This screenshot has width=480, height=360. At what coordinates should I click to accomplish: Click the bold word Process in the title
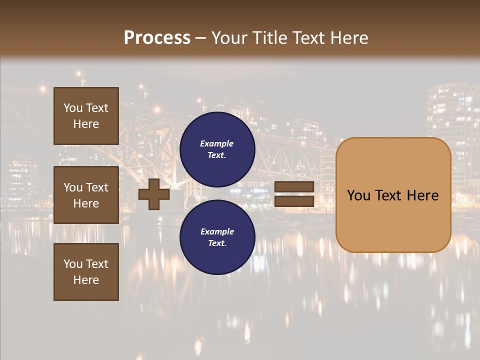coord(157,38)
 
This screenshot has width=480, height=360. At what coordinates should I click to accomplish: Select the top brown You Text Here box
coord(86,116)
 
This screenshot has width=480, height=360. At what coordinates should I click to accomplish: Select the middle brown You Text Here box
coord(86,195)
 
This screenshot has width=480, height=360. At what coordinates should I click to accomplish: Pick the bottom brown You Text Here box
coord(86,272)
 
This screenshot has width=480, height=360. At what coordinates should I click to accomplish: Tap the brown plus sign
coord(154,194)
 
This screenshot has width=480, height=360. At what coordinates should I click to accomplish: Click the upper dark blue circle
coord(217,149)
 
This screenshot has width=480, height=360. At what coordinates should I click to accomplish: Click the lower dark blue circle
coord(217,237)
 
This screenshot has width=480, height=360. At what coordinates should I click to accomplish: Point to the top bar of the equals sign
coord(294,187)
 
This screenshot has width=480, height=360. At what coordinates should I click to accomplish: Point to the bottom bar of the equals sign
coord(294,201)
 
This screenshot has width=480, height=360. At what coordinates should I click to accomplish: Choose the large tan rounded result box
coord(393,195)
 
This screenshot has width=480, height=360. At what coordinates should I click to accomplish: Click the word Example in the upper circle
coord(217,143)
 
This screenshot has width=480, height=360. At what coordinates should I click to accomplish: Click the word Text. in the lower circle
coord(217,243)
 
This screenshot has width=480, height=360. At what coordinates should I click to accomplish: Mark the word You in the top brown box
coord(73,108)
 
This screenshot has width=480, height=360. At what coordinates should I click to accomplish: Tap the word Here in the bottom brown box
coord(86,280)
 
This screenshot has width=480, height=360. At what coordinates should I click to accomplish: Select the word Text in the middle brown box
coord(96,187)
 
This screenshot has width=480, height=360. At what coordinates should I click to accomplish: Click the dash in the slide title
coord(201,38)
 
